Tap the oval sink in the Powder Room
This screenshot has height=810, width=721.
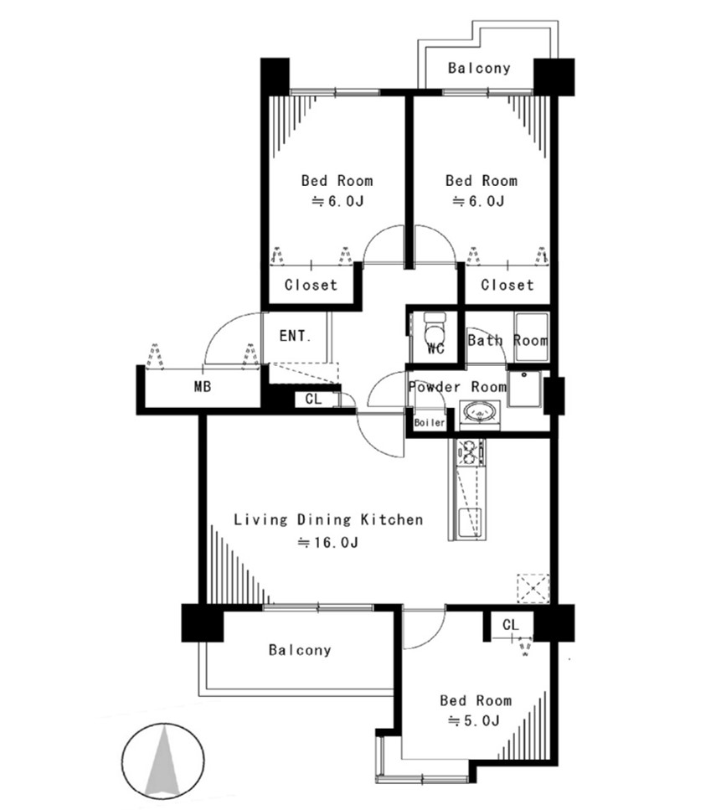tap(481, 413)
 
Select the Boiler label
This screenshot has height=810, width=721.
tap(430, 422)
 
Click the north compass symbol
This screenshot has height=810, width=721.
tap(163, 761)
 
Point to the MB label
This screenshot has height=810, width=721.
tap(203, 386)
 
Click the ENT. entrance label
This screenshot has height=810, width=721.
tap(296, 336)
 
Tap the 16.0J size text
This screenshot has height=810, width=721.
tap(328, 543)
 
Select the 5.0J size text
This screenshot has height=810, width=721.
tap(474, 720)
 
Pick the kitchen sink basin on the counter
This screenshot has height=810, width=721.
tap(470, 523)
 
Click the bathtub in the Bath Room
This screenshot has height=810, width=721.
tap(531, 337)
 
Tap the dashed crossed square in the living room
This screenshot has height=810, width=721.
tap(533, 588)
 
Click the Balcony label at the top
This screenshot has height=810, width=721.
tap(479, 68)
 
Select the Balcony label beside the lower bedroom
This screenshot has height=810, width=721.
tap(300, 649)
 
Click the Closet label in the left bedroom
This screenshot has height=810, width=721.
tap(311, 285)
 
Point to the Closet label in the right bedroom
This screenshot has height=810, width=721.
tap(507, 285)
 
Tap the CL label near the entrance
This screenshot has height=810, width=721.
tap(313, 399)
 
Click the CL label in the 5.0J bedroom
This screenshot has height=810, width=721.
tap(510, 625)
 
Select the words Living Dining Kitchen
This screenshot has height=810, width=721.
tap(328, 519)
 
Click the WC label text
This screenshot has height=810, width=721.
tap(436, 349)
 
